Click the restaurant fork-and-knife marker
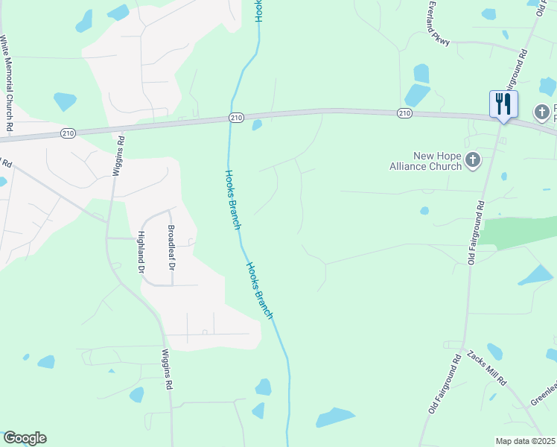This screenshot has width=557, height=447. [x=503, y=104]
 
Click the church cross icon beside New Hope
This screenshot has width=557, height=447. [x=472, y=159]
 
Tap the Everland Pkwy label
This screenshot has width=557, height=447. [x=439, y=23]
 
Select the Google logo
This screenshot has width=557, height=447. [x=25, y=438]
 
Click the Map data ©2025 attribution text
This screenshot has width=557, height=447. [x=526, y=441]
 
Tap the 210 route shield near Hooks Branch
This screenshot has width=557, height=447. [x=236, y=118]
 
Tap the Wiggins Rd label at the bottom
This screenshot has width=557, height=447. [x=169, y=369]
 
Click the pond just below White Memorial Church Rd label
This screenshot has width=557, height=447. [x=65, y=101]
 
